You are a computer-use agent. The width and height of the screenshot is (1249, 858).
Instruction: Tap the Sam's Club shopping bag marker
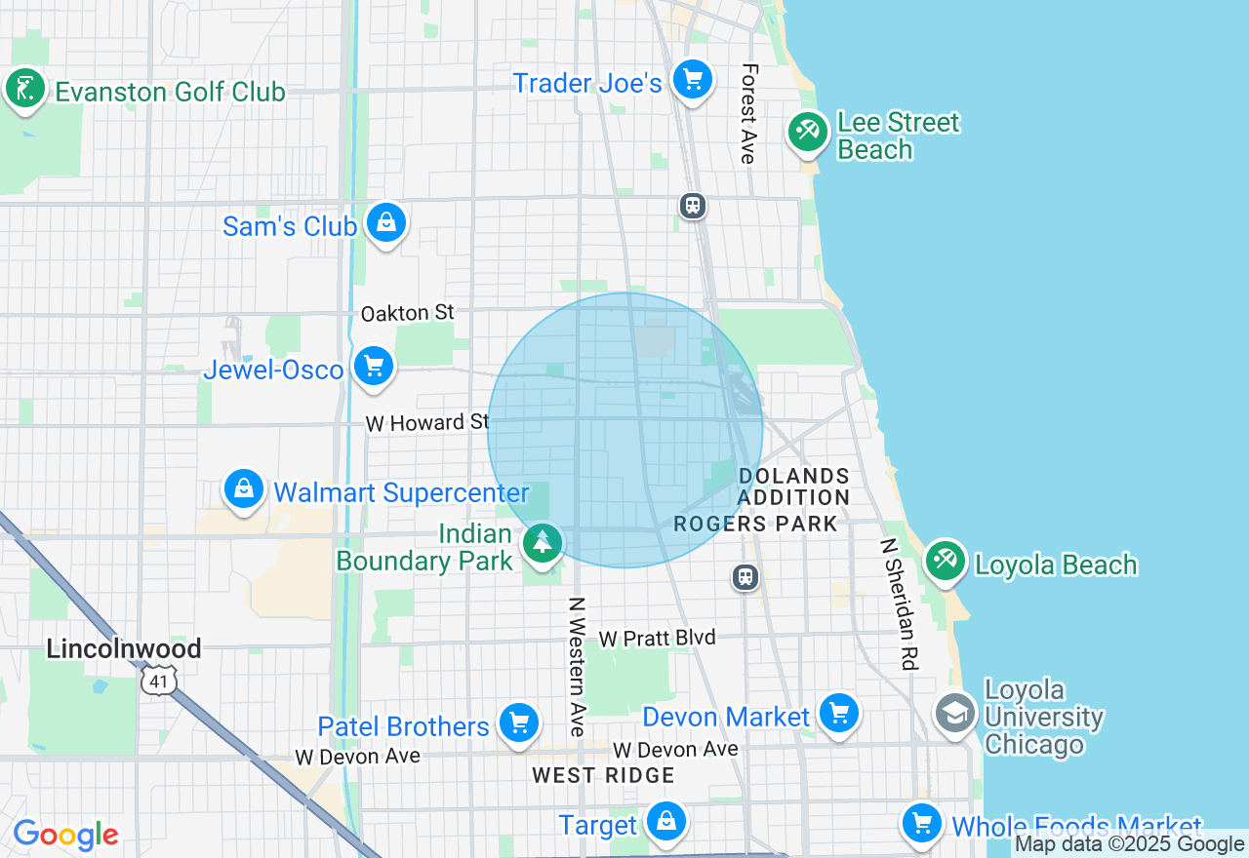coord(386,223)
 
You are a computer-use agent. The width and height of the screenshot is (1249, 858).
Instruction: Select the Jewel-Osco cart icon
coord(374,367)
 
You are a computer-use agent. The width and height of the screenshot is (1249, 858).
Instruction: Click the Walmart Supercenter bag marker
coord(244,488)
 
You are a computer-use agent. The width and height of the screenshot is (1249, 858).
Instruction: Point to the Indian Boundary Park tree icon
coord(542,542)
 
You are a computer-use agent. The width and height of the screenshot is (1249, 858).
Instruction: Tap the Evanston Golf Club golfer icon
coord(24,89)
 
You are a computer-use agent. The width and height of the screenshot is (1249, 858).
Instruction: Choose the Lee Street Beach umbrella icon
coord(808,132)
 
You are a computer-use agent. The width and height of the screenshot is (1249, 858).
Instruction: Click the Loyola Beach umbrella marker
coord(945,561)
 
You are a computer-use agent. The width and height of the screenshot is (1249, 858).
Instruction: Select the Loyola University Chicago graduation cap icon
coord(954,713)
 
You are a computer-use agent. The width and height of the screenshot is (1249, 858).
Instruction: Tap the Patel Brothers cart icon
coord(519,723)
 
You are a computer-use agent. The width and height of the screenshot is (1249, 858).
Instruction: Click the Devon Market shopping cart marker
coord(838,714)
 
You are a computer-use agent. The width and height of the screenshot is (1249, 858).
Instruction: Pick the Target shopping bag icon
coord(666,822)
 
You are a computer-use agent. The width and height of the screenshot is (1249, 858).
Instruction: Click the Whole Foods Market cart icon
coord(921,824)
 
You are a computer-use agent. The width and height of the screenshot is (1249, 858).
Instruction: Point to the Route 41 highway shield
coord(158,681)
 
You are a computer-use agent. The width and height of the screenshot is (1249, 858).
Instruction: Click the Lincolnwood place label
coord(124,648)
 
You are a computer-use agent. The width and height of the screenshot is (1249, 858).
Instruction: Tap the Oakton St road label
coord(408,313)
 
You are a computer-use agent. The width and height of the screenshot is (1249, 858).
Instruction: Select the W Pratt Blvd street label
coord(658,638)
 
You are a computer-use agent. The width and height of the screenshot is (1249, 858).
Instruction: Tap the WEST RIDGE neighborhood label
coord(603,776)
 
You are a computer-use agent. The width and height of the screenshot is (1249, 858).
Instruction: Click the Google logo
coord(65,835)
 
